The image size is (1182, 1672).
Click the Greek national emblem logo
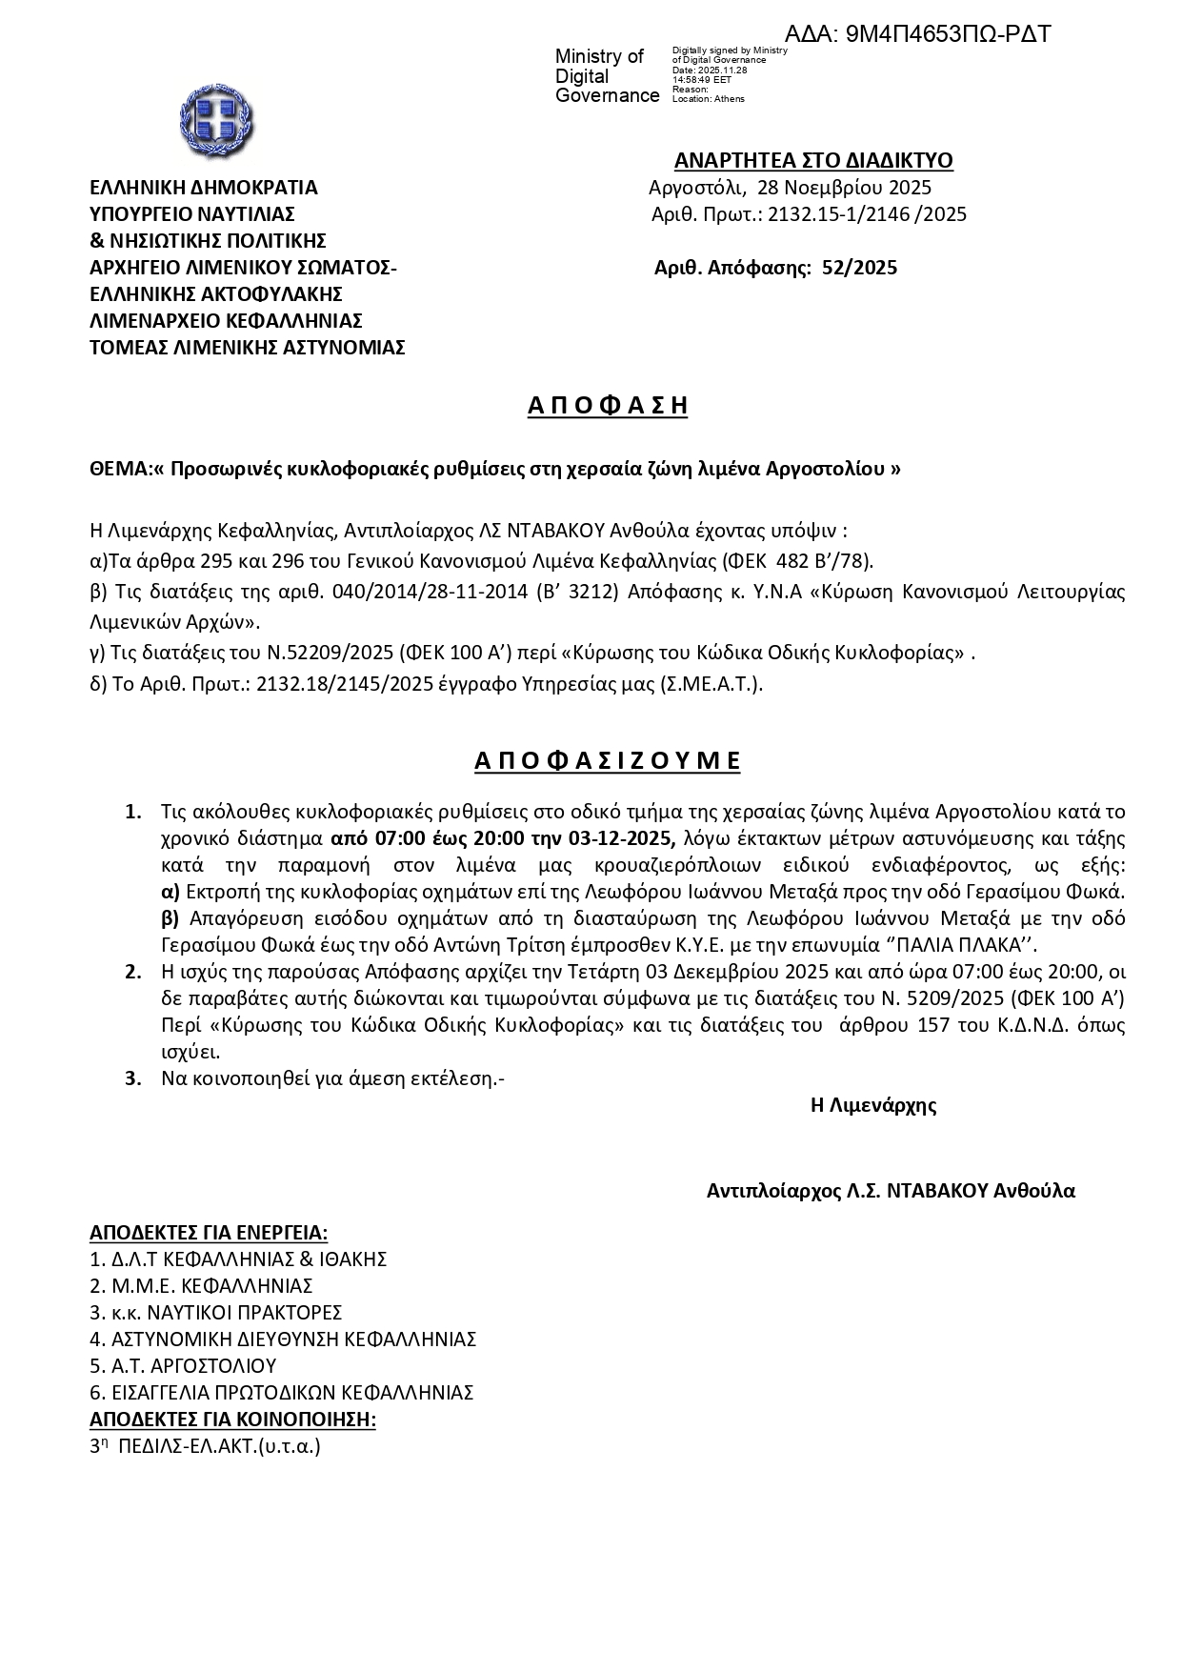click(x=216, y=122)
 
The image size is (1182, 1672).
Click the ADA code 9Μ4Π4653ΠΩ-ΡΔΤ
click(x=917, y=34)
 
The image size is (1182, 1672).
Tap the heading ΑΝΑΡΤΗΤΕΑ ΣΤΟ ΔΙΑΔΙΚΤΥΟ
click(x=812, y=160)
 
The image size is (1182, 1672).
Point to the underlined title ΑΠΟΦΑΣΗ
click(x=608, y=406)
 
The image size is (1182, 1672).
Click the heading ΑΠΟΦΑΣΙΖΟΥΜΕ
click(x=608, y=760)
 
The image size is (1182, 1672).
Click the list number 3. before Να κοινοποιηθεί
click(x=133, y=1078)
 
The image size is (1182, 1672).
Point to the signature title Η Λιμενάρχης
click(x=872, y=1105)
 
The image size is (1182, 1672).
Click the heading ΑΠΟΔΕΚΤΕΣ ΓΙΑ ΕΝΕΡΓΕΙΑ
click(x=209, y=1232)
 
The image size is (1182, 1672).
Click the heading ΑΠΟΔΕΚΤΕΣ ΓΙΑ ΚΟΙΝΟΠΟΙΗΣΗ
click(x=232, y=1420)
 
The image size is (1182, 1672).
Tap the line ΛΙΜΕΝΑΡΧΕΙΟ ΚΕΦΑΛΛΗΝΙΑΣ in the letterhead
click(x=226, y=321)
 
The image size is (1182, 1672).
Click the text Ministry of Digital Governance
click(x=607, y=76)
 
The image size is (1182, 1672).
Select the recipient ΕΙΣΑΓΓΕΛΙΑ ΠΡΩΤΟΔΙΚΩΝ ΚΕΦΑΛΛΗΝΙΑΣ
click(x=282, y=1392)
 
